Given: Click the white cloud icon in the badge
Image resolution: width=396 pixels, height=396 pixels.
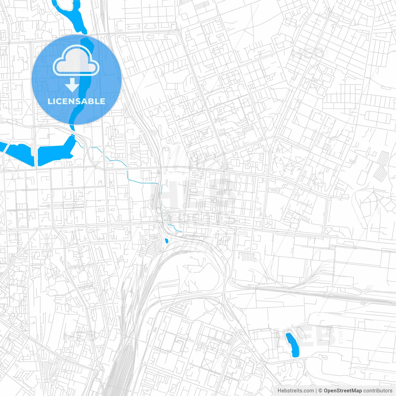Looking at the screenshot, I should tap(76, 61).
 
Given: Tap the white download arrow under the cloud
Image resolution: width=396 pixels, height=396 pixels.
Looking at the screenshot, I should tap(72, 85).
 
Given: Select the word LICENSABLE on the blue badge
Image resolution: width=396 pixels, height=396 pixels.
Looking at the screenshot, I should tap(76, 101).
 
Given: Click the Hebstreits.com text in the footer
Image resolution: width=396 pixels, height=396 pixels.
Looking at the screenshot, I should tap(295, 390).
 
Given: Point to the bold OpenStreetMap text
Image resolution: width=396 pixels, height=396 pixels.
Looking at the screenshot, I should tap(342, 390).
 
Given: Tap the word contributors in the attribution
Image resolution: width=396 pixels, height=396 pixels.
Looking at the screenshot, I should tap(378, 390).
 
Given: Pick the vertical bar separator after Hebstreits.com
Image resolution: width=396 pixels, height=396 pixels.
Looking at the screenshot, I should tap(316, 390).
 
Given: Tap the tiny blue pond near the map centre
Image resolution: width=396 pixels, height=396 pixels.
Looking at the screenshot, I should tap(167, 241).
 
